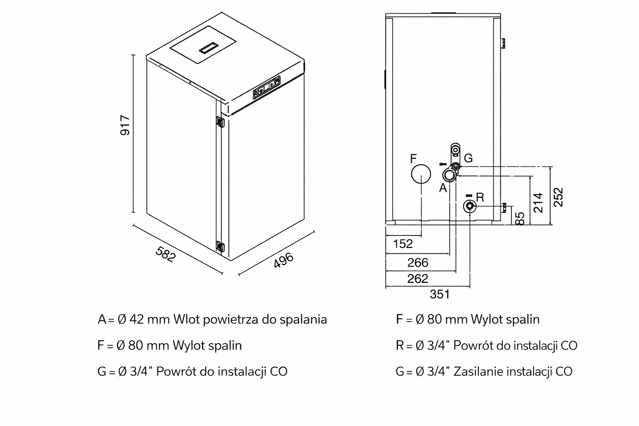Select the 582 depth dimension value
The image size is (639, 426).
tap(166, 254)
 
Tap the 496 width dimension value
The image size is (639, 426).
tap(284, 260)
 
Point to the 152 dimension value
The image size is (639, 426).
tap(403, 244)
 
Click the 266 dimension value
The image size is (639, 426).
tap(418, 263)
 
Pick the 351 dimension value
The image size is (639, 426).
tap(440, 294)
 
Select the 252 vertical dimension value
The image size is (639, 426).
tap(559, 197)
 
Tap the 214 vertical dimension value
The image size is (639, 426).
tap(538, 203)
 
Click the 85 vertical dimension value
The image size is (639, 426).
tap(520, 218)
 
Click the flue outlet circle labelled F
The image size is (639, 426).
tap(421, 174)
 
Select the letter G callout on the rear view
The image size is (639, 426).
tap(468, 158)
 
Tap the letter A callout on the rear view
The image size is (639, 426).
tap(443, 188)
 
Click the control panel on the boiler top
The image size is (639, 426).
tap(266, 87)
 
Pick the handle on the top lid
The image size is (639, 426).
tap(208, 48)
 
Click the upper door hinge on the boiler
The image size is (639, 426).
tap(219, 122)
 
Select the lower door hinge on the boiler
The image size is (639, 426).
tap(219, 245)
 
